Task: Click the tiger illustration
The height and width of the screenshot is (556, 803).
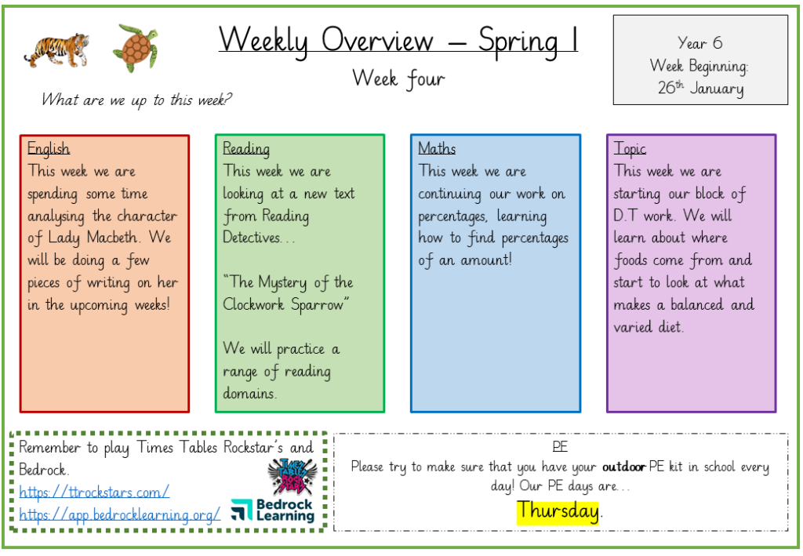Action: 56,50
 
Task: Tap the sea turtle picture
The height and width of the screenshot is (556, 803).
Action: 136,47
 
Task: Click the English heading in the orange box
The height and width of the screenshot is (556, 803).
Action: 49,148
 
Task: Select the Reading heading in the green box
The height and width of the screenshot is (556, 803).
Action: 246,148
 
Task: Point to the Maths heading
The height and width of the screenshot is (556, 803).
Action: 437,148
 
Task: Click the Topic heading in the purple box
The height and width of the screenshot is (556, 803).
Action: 630,148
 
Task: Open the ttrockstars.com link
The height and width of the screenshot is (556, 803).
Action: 94,492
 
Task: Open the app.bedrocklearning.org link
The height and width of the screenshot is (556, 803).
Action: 119,514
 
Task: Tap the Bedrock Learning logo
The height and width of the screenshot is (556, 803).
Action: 272,510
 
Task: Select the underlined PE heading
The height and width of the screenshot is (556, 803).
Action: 560,446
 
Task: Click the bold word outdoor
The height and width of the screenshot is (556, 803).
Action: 623,467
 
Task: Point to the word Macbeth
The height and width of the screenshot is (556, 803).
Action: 112,238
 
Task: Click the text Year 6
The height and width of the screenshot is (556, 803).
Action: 699,43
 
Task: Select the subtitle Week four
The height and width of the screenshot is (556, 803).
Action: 398,79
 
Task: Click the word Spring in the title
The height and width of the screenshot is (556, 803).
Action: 518,41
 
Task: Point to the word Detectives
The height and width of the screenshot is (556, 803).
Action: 252,238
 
